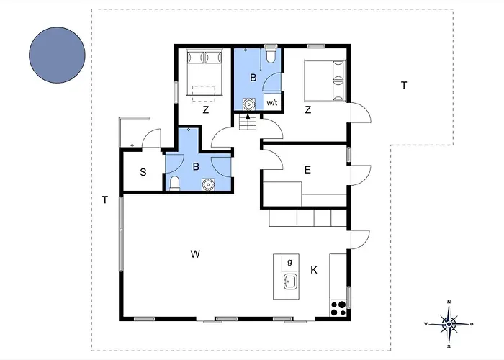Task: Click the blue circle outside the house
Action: pyautogui.click(x=57, y=55)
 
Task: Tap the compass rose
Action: pyautogui.click(x=449, y=324)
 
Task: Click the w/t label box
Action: pyautogui.click(x=272, y=102)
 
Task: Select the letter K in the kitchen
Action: pyautogui.click(x=314, y=270)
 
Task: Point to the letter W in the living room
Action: pyautogui.click(x=195, y=254)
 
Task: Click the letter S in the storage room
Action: pyautogui.click(x=143, y=172)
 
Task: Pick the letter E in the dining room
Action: pyautogui.click(x=307, y=170)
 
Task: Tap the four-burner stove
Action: pyautogui.click(x=338, y=308)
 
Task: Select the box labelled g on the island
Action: pyautogui.click(x=290, y=262)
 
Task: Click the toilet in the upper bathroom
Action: pyautogui.click(x=271, y=54)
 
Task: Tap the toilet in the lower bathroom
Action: pyautogui.click(x=174, y=184)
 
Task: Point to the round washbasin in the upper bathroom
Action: pyautogui.click(x=248, y=104)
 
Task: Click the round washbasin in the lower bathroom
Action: pyautogui.click(x=208, y=184)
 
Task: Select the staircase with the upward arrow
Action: pyautogui.click(x=248, y=122)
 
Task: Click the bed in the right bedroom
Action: pyautogui.click(x=325, y=81)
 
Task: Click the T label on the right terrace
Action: pyautogui.click(x=404, y=85)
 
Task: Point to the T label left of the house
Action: pyautogui.click(x=105, y=200)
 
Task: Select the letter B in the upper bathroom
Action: pyautogui.click(x=253, y=78)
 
